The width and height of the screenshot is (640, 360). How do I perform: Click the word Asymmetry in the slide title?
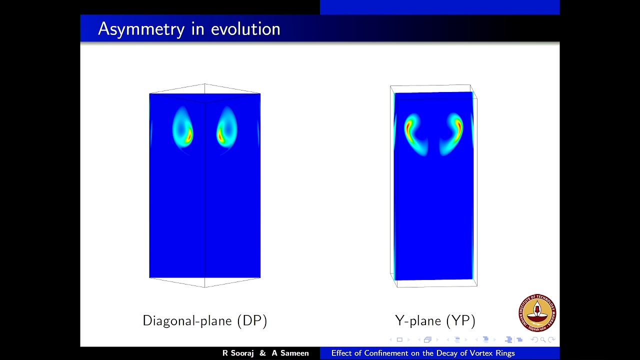point(141,29)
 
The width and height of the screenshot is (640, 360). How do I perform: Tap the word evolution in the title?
point(245,29)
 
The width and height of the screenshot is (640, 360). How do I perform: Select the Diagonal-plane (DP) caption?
point(204,320)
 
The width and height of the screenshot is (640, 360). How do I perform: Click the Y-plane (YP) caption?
point(435,320)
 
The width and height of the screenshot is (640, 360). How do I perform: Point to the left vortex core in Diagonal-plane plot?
point(187,134)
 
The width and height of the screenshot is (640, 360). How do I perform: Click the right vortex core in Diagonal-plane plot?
point(220,134)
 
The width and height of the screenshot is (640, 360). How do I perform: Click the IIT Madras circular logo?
point(537,313)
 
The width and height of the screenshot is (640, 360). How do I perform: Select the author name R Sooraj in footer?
point(238,353)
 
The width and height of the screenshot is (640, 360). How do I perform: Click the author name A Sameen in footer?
point(290,353)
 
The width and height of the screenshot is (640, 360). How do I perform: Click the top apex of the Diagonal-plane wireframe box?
point(204,84)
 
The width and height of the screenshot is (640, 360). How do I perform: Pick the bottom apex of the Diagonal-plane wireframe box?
point(204,287)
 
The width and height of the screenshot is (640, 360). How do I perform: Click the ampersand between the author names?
point(263,353)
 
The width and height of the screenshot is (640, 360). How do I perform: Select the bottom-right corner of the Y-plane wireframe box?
point(477,286)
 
